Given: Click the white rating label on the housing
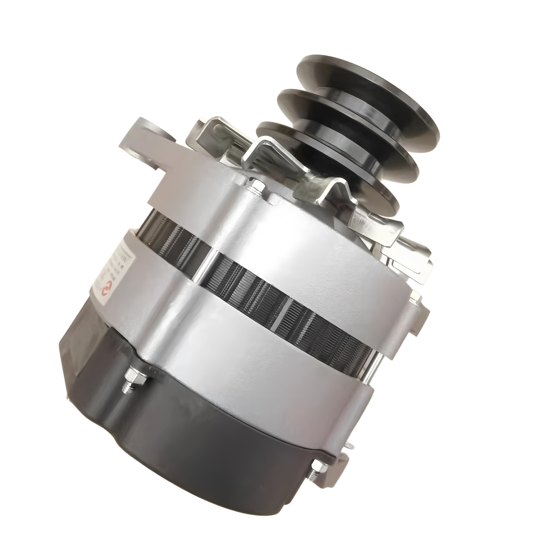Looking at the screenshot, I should (x=114, y=266).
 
